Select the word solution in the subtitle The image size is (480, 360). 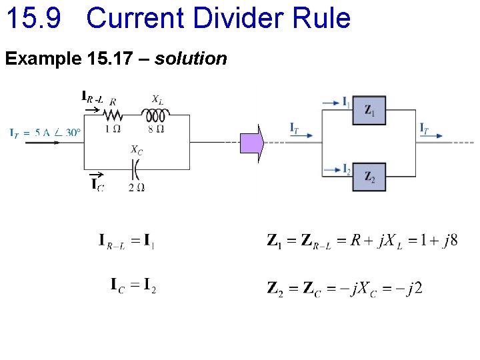[x=191, y=59]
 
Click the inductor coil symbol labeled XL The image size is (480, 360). [x=155, y=115]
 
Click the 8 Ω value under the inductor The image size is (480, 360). [x=155, y=129]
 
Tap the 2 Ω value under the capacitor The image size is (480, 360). [x=136, y=187]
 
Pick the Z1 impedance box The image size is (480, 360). [x=369, y=110]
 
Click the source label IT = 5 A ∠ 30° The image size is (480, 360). [x=45, y=132]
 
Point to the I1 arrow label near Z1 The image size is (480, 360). [x=346, y=102]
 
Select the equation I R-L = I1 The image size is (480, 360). [x=127, y=241]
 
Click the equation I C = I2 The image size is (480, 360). [x=133, y=287]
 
